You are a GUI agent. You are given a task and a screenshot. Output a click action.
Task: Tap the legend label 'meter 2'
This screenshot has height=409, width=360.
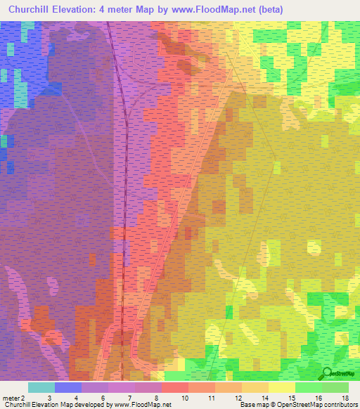pyautogui.click(x=13, y=398)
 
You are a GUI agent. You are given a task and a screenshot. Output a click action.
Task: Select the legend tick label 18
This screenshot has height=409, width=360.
pyautogui.click(x=345, y=398)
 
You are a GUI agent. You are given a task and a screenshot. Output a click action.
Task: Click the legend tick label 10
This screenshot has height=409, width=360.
pyautogui.click(x=186, y=398)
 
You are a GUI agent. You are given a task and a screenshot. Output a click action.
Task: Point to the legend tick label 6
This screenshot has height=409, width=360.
pyautogui.click(x=103, y=398)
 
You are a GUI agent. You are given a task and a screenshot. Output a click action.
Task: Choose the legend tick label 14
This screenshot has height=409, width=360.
pyautogui.click(x=265, y=398)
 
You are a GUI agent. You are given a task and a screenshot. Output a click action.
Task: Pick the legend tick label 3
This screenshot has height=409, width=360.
pyautogui.click(x=49, y=398)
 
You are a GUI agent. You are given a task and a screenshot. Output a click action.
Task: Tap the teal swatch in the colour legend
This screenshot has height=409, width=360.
pyautogui.click(x=41, y=387)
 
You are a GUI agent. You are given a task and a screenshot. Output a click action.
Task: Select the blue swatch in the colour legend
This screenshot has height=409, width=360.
pyautogui.click(x=68, y=387)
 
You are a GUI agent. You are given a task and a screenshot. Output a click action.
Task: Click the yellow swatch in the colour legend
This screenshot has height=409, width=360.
pyautogui.click(x=282, y=387)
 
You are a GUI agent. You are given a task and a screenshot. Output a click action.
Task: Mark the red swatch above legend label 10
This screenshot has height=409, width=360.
pyautogui.click(x=175, y=387)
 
